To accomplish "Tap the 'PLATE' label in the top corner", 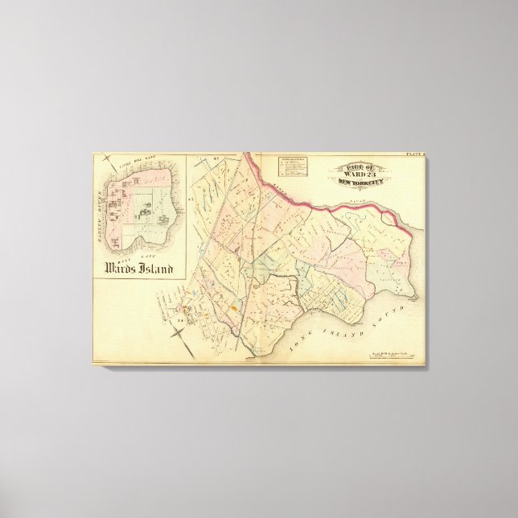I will (414, 154).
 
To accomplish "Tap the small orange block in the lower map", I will (233, 306).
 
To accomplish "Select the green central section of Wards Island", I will (144, 215).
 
